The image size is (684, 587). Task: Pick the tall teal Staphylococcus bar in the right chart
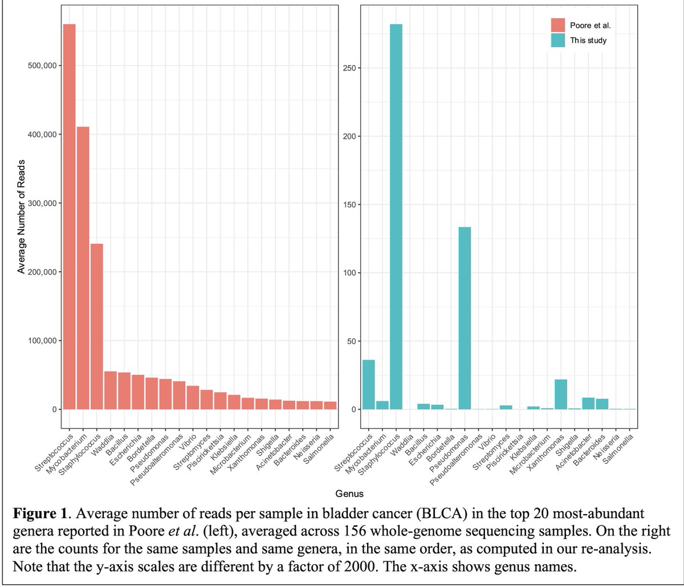pos(396,217)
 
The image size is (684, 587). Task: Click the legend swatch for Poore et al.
pos(557,26)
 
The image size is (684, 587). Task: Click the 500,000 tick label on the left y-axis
pos(41,66)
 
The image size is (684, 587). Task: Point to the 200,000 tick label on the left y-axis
pos(41,272)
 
